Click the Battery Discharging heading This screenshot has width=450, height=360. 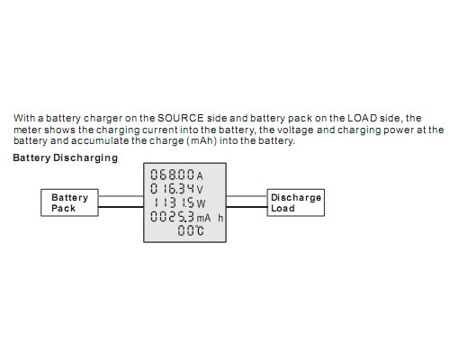point(66,157)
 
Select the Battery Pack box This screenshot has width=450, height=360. point(69,202)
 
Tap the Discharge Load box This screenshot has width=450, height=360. point(296,202)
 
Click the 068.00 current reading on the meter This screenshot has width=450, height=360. point(173,175)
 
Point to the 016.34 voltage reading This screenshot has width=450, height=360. point(173,188)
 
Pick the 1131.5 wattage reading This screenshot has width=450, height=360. point(174,202)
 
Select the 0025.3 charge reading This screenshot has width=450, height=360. point(173,217)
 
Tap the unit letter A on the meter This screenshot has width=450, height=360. point(200,175)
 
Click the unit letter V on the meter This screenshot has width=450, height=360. point(200,190)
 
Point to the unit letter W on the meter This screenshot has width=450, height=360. point(201,204)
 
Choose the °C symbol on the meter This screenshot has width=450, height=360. point(200,230)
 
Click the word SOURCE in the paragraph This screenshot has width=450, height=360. point(181,118)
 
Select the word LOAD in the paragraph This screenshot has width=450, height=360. point(362,118)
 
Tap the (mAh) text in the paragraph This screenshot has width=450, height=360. point(202,140)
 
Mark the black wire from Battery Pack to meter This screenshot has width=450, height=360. point(121,207)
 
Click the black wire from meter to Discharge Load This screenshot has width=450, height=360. point(247,207)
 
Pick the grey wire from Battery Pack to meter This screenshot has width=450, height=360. point(121,196)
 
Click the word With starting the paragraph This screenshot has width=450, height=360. point(24,118)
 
